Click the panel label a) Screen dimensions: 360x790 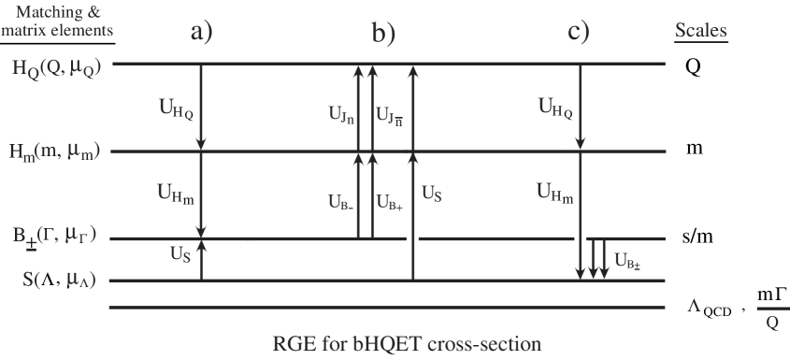[x=202, y=33]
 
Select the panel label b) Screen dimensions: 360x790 [x=384, y=34]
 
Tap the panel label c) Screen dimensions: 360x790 [x=579, y=33]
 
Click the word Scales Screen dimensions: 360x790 [x=700, y=31]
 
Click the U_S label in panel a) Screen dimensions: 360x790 [x=181, y=252]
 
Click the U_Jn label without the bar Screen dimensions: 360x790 [x=340, y=115]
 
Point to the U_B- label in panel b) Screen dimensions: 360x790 [x=341, y=200]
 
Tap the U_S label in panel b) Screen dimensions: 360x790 [x=432, y=194]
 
